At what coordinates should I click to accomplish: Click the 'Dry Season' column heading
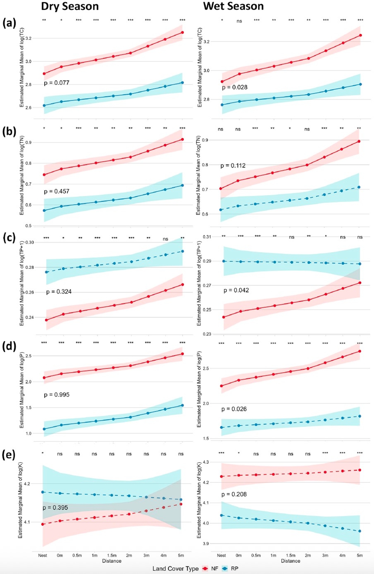tap(70, 6)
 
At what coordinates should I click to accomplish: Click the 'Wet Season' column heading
tap(233, 6)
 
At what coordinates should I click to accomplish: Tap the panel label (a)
tap(9, 23)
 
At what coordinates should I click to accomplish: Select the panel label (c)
tap(9, 238)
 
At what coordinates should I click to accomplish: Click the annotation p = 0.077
tap(56, 83)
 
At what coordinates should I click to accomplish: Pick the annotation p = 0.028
tap(234, 87)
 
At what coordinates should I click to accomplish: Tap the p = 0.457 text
tap(56, 191)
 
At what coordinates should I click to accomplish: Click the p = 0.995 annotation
tap(56, 395)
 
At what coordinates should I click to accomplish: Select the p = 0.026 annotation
tap(234, 409)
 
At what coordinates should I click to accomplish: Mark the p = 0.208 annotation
tap(234, 494)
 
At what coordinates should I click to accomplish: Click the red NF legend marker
tap(205, 569)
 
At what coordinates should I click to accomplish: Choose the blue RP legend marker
tap(225, 569)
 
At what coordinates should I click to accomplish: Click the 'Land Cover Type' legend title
tap(175, 569)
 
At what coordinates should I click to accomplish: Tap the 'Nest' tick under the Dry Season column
tap(43, 555)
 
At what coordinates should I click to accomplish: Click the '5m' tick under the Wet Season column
tap(360, 555)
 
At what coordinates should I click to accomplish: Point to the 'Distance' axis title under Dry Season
tap(112, 561)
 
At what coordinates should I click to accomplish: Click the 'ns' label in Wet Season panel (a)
tap(239, 21)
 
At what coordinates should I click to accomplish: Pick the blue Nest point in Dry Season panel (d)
tap(44, 429)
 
